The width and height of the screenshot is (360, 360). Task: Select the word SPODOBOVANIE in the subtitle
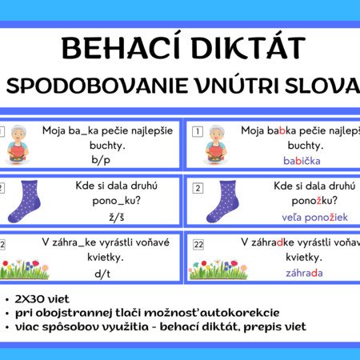point(97,86)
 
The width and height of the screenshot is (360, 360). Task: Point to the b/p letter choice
point(101,160)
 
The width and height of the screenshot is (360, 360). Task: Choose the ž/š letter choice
point(117,217)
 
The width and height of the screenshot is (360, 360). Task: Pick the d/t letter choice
point(102,274)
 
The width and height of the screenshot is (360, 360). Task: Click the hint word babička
point(302,161)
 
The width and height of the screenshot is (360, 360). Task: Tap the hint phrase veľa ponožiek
point(314,218)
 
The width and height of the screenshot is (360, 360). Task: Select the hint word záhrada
point(304,273)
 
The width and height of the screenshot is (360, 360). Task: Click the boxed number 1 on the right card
point(198,131)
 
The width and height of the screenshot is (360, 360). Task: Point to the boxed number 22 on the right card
point(198,245)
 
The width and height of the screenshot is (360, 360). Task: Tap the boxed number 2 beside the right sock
point(198,188)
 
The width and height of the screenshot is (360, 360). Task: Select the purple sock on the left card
point(25,202)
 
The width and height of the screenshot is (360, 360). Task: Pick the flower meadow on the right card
point(218,270)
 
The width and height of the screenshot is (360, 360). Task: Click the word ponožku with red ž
point(314,201)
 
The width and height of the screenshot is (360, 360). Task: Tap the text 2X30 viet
point(42,299)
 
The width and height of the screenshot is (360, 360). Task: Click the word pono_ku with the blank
point(116,201)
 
